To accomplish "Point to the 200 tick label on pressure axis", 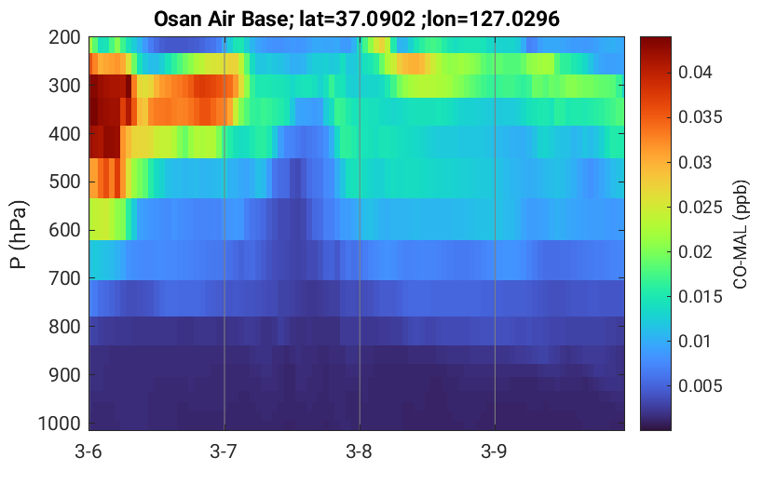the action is [x=64, y=37].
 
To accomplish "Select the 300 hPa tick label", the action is [x=64, y=86].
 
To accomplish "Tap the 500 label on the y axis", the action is [x=64, y=182].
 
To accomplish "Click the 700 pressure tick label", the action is [x=64, y=278].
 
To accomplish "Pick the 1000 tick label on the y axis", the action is [x=60, y=424].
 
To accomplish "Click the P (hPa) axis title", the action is [x=19, y=235].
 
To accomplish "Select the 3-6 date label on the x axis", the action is [x=88, y=451].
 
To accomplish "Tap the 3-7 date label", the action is [x=224, y=451].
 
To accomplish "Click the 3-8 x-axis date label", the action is [x=359, y=451].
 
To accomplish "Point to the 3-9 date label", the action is [x=494, y=451].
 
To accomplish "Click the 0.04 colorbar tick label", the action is [x=695, y=73].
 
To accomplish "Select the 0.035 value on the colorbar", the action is [x=700, y=117].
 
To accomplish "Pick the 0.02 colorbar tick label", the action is [x=695, y=251].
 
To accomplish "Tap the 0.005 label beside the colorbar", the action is [x=700, y=386].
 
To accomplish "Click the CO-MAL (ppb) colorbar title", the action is [x=741, y=235].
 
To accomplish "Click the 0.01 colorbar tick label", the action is [x=695, y=341].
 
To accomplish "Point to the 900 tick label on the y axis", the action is [x=64, y=375].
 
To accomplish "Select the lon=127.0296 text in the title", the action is [x=494, y=20].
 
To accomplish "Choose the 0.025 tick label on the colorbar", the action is [x=700, y=208].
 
